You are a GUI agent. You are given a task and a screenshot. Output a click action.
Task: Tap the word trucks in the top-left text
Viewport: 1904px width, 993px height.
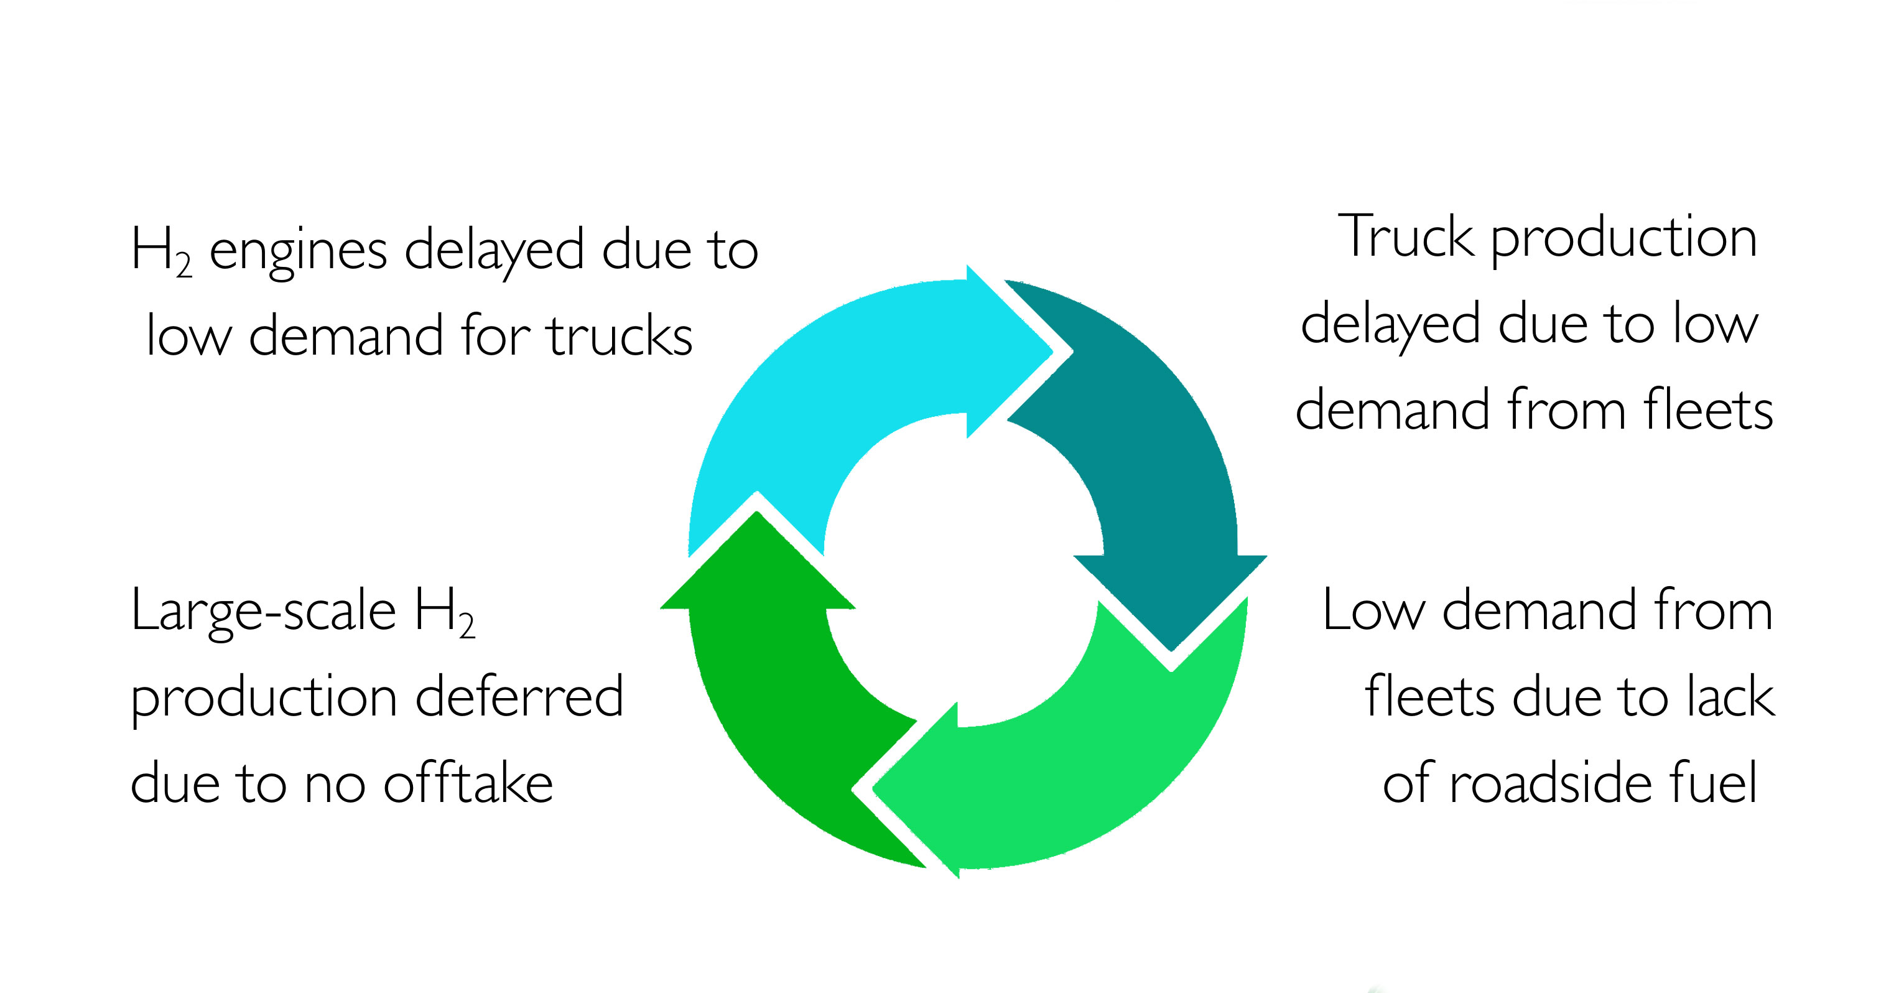click(620, 337)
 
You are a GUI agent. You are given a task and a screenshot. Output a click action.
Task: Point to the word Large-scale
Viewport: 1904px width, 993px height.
click(263, 612)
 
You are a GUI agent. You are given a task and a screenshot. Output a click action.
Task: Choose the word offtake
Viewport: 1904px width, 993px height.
click(468, 784)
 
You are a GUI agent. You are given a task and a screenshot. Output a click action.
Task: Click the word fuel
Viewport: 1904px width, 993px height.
click(1716, 784)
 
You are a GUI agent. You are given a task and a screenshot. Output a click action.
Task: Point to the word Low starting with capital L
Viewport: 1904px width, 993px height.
click(1373, 612)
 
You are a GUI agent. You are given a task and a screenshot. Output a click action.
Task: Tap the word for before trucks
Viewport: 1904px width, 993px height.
click(496, 337)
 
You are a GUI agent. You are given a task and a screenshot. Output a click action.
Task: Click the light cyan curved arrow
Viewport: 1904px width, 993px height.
click(813, 385)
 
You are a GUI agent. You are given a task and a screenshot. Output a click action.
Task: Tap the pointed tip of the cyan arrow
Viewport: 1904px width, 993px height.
click(1051, 351)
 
